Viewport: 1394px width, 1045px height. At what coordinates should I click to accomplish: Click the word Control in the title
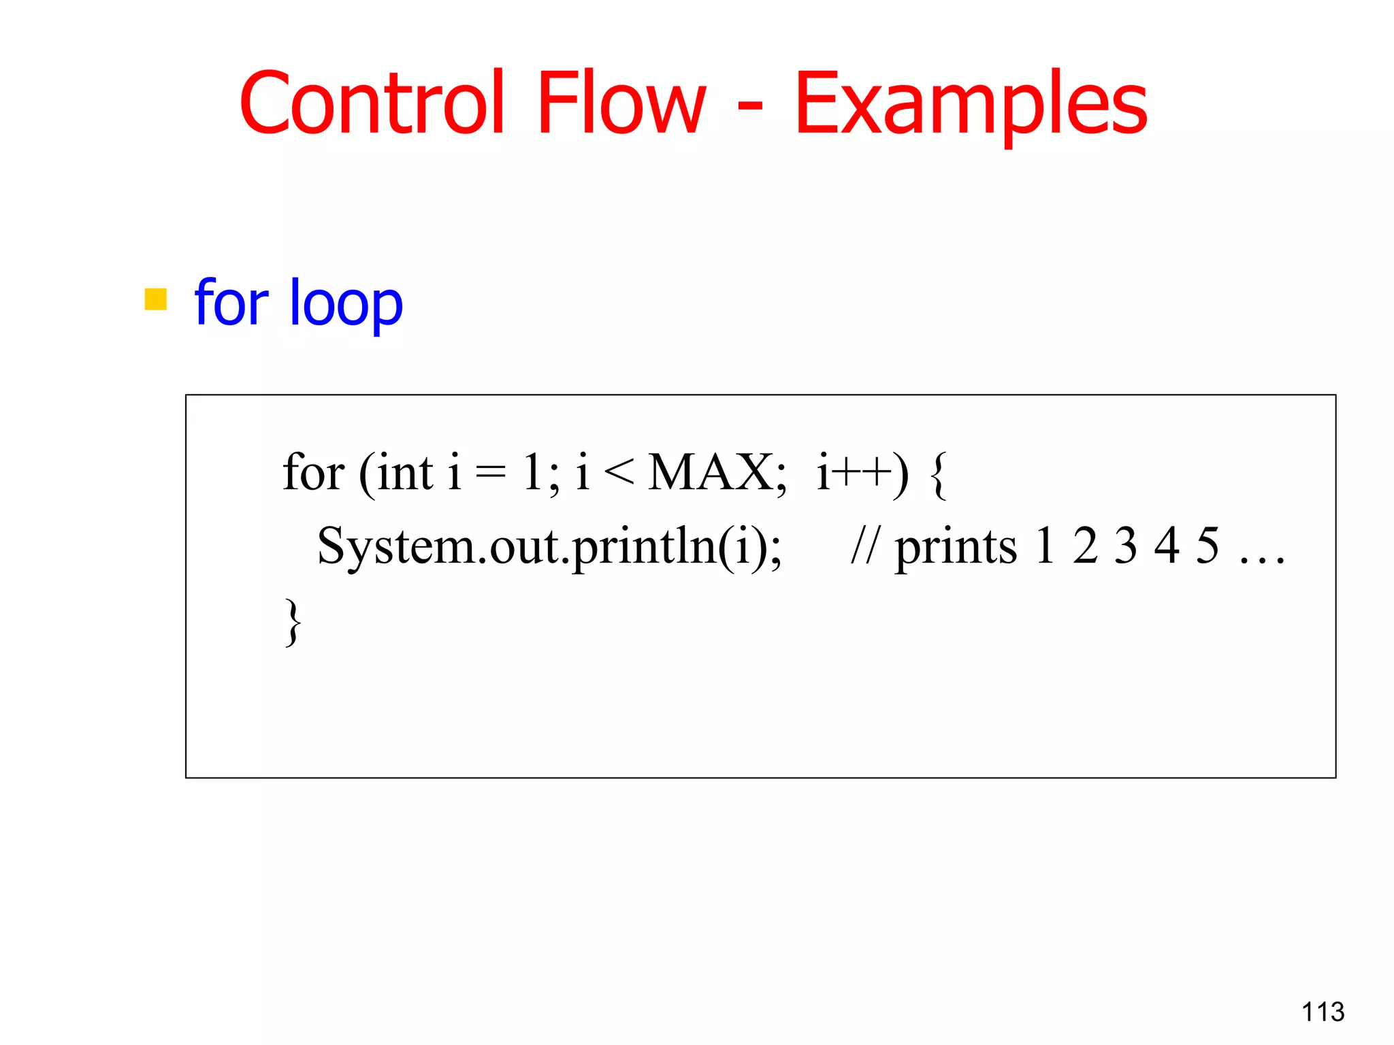coord(372,103)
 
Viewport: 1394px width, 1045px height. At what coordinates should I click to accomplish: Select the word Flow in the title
coord(621,103)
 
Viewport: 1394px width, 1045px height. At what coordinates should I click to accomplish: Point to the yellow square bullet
coord(156,299)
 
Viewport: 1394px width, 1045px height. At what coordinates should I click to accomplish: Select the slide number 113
coord(1323,1012)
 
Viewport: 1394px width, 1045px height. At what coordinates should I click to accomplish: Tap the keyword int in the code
coord(405,472)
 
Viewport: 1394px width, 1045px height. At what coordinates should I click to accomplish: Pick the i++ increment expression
coord(855,472)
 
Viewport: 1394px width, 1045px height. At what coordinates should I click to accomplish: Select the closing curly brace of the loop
coord(293,622)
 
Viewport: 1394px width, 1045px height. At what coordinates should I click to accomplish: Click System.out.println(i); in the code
coord(549,546)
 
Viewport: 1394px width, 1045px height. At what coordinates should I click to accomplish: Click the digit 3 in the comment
coord(1126,546)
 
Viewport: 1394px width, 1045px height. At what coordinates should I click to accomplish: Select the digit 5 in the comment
coord(1207,546)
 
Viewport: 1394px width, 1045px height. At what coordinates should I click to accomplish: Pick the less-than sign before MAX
coord(619,474)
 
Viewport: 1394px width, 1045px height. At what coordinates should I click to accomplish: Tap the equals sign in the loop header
coord(491,474)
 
